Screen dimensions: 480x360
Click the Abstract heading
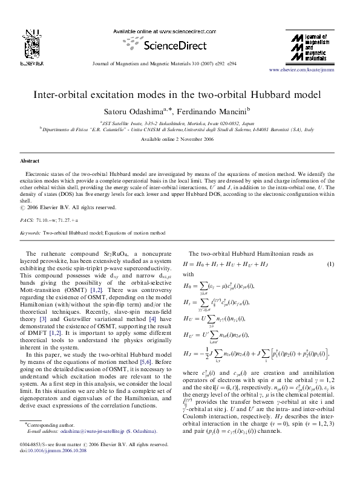[30, 161]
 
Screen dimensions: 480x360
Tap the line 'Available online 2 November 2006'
[180, 138]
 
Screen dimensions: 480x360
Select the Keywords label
[31, 232]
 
